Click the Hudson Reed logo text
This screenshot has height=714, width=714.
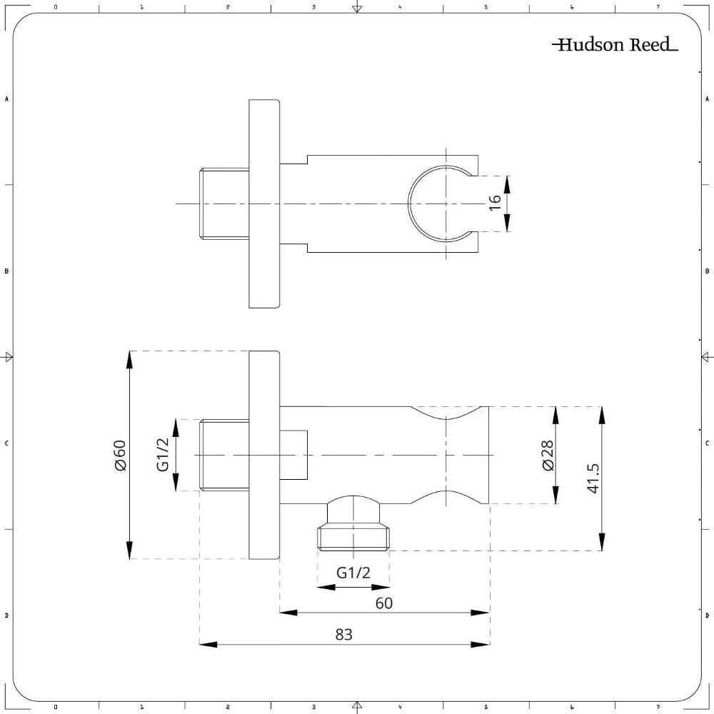(x=615, y=46)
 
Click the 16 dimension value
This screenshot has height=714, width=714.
(x=495, y=203)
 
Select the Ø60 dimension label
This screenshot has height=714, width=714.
(x=119, y=455)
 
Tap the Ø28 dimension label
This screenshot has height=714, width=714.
(x=548, y=455)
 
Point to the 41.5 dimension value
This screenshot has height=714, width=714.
(x=593, y=478)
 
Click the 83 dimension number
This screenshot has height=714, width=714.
(x=344, y=634)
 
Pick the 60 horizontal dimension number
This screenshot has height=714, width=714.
(x=384, y=603)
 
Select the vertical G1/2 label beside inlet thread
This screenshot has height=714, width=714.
(x=164, y=455)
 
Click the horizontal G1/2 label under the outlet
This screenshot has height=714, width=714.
(x=353, y=573)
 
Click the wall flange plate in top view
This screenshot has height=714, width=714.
(x=263, y=203)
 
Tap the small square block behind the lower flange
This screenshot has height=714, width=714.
(x=293, y=455)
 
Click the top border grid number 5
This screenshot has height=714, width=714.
(x=486, y=6)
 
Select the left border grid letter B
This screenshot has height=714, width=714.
(x=6, y=271)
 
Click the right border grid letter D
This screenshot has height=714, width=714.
(x=707, y=615)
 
